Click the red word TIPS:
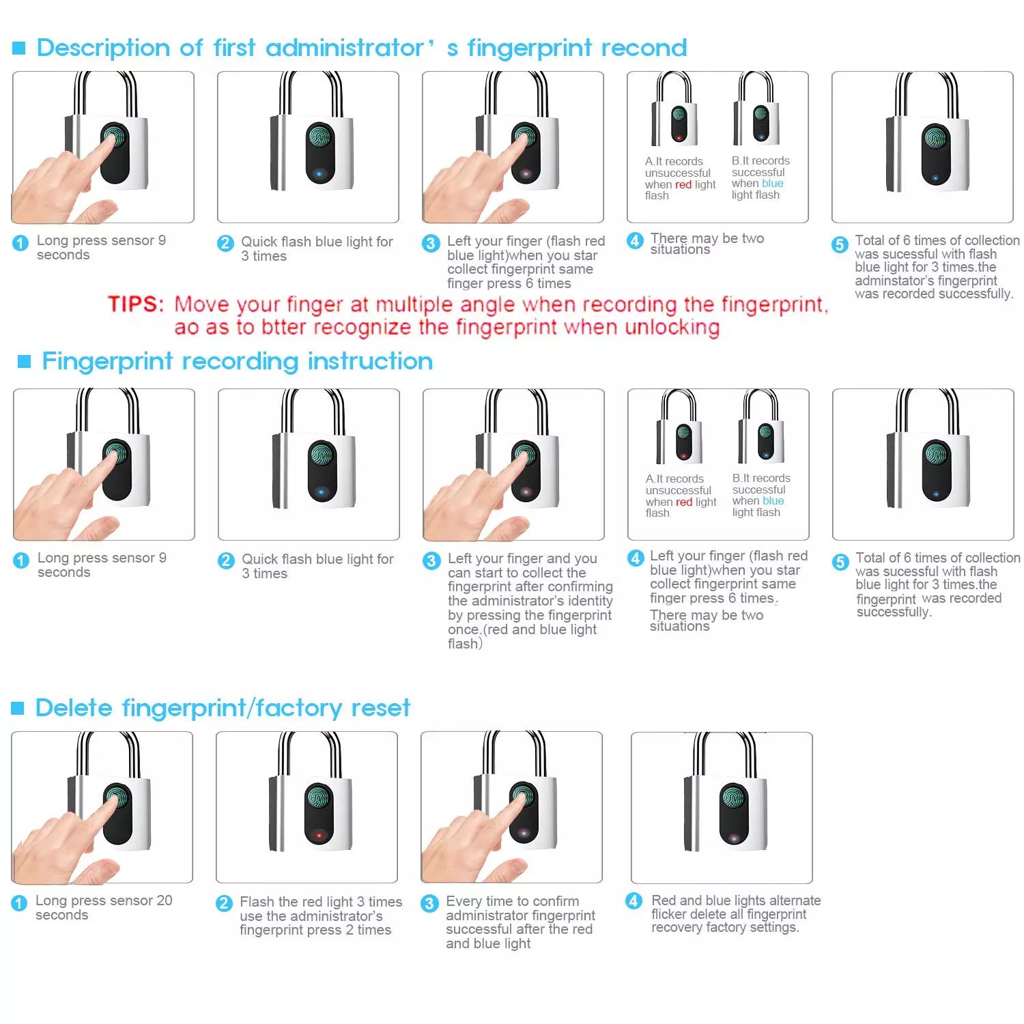click(x=136, y=304)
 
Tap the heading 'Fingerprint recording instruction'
click(x=238, y=361)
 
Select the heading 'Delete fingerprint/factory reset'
click(x=223, y=708)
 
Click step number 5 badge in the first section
click(x=840, y=244)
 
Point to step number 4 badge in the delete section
click(x=634, y=901)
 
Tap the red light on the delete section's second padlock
click(x=318, y=835)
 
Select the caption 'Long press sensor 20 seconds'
click(x=104, y=907)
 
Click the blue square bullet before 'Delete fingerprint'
click(x=18, y=709)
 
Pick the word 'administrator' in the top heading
click(x=345, y=48)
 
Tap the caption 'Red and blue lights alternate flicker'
click(x=736, y=907)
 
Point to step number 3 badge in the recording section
click(x=431, y=560)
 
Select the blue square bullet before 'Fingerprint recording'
click(x=25, y=361)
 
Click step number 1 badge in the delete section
click(x=19, y=903)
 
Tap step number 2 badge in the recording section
click(x=226, y=560)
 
